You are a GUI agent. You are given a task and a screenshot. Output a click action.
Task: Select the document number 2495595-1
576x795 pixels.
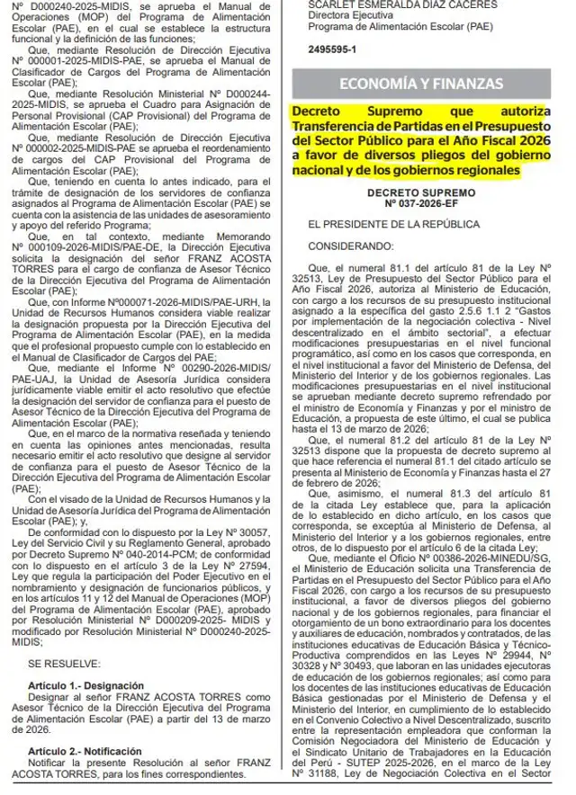click(332, 48)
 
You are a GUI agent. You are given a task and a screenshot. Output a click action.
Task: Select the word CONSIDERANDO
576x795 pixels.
click(345, 245)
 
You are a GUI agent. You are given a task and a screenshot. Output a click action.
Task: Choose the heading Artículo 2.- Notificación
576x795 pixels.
click(82, 749)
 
